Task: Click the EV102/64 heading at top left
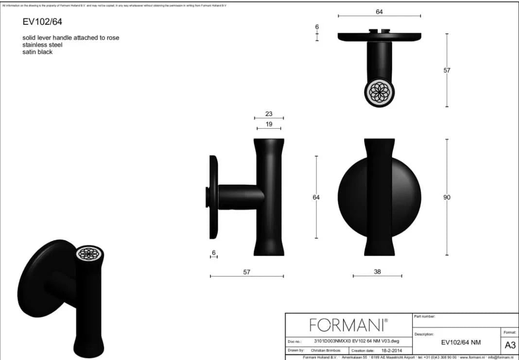point(42,22)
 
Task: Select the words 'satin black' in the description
point(37,52)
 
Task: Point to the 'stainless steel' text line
point(42,45)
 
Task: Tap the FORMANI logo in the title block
point(348,325)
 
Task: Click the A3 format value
point(510,345)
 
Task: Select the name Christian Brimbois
point(326,350)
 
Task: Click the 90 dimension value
point(447,197)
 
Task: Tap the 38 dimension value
point(377,272)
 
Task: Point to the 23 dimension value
point(269,114)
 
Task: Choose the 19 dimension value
point(269,124)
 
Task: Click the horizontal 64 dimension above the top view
point(379,12)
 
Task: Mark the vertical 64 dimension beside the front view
point(316,197)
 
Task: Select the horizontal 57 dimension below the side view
point(247,272)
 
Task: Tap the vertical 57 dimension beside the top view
point(447,70)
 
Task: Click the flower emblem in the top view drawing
point(379,91)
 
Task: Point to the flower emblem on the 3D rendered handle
point(89,254)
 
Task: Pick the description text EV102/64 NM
point(461,342)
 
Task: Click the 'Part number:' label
point(425,316)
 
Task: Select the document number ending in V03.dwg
point(357,342)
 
